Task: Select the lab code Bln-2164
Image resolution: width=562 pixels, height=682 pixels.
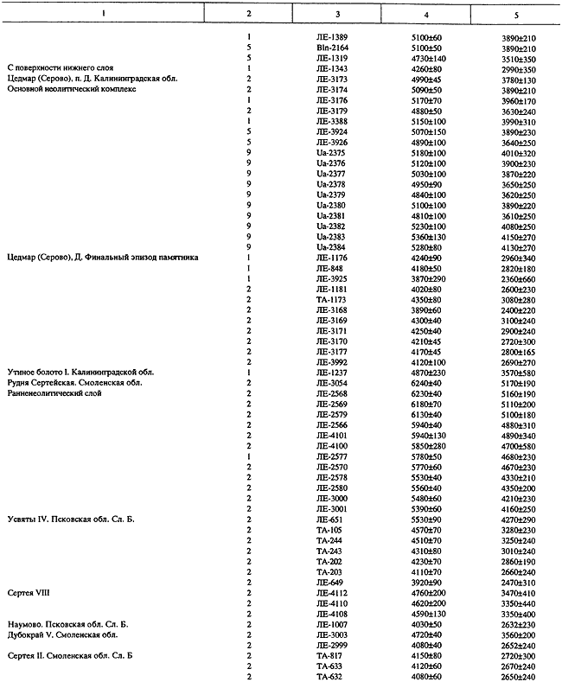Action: [332, 48]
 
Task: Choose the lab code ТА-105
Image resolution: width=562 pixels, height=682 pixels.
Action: [330, 530]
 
